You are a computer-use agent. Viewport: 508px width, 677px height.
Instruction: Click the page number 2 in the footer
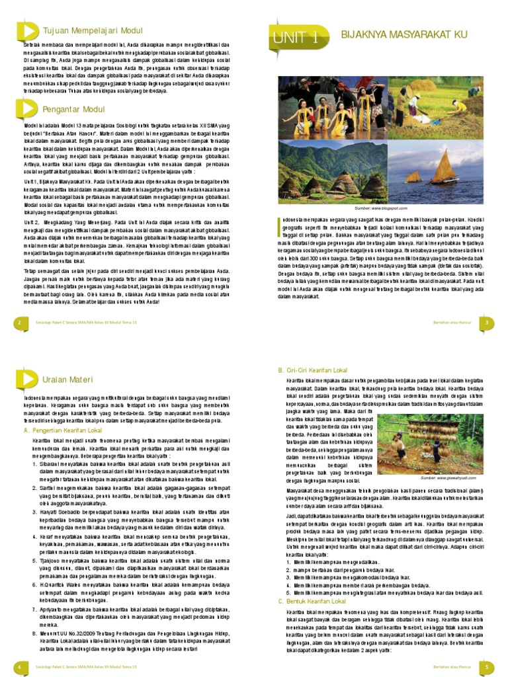(x=21, y=322)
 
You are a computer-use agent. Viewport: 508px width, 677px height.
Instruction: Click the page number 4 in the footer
(x=21, y=667)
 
